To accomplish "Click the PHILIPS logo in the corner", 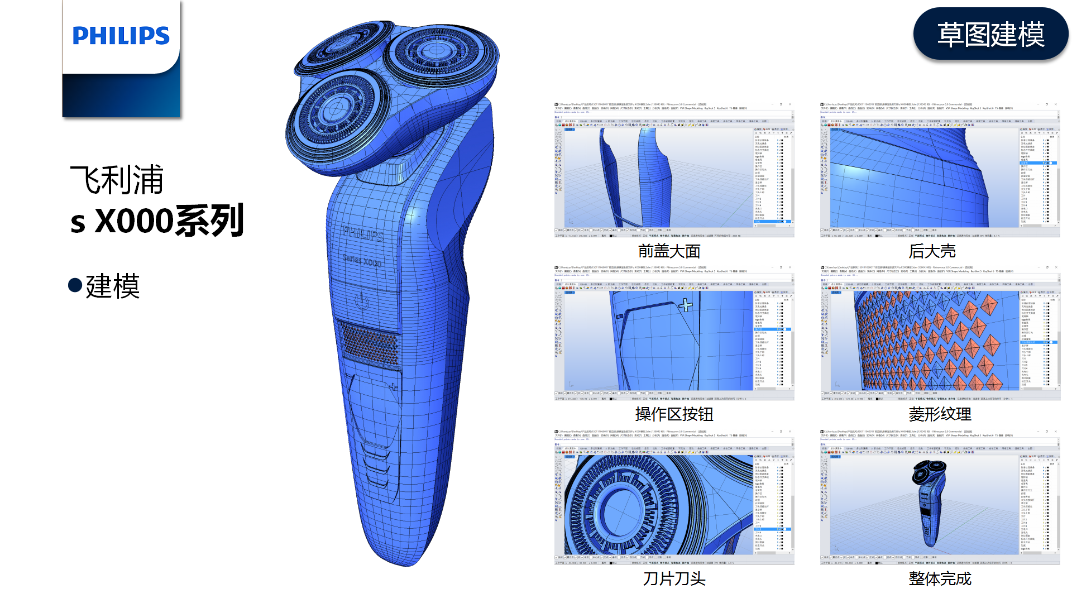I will click(121, 36).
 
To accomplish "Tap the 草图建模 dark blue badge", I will click(990, 34).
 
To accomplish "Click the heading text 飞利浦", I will click(117, 180).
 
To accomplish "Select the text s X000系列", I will click(157, 221).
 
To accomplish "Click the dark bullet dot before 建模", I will click(75, 285).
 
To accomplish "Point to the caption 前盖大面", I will click(669, 251).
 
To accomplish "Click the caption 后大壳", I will click(932, 251).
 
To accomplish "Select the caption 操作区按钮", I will click(674, 414).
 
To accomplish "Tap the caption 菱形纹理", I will click(940, 414).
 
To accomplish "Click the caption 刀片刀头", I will click(674, 578).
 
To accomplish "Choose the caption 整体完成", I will click(940, 578).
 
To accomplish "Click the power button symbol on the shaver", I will click(362, 302).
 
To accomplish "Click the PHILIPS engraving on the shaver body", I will click(363, 234).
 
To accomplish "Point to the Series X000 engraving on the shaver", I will click(362, 260).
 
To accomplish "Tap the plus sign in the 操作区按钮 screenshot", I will click(686, 305).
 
